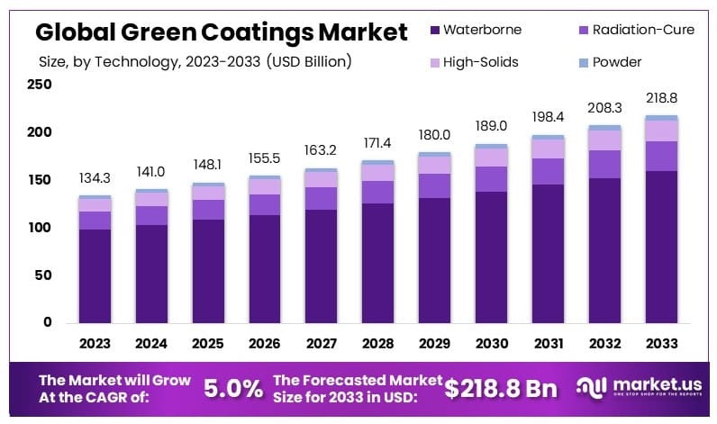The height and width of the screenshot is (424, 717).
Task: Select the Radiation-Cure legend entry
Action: click(636, 30)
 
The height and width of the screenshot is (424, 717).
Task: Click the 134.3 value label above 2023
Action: click(95, 178)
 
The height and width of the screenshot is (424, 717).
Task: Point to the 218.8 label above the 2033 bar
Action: click(661, 98)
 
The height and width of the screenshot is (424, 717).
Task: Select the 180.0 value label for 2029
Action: click(434, 135)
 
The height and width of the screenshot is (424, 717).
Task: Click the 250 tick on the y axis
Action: click(40, 85)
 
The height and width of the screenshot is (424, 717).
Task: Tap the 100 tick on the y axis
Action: click(40, 228)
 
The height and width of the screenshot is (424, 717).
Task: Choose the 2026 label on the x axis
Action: click(264, 343)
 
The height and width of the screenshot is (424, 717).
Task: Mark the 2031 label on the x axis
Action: click(548, 343)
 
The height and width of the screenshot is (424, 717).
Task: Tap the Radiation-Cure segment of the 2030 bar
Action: click(491, 178)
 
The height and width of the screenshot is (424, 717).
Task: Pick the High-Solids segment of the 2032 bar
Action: click(604, 140)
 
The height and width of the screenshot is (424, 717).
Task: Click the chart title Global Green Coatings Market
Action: click(221, 32)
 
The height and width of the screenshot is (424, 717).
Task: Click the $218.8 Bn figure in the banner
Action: click(501, 388)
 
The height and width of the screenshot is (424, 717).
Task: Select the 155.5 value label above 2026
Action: click(265, 158)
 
